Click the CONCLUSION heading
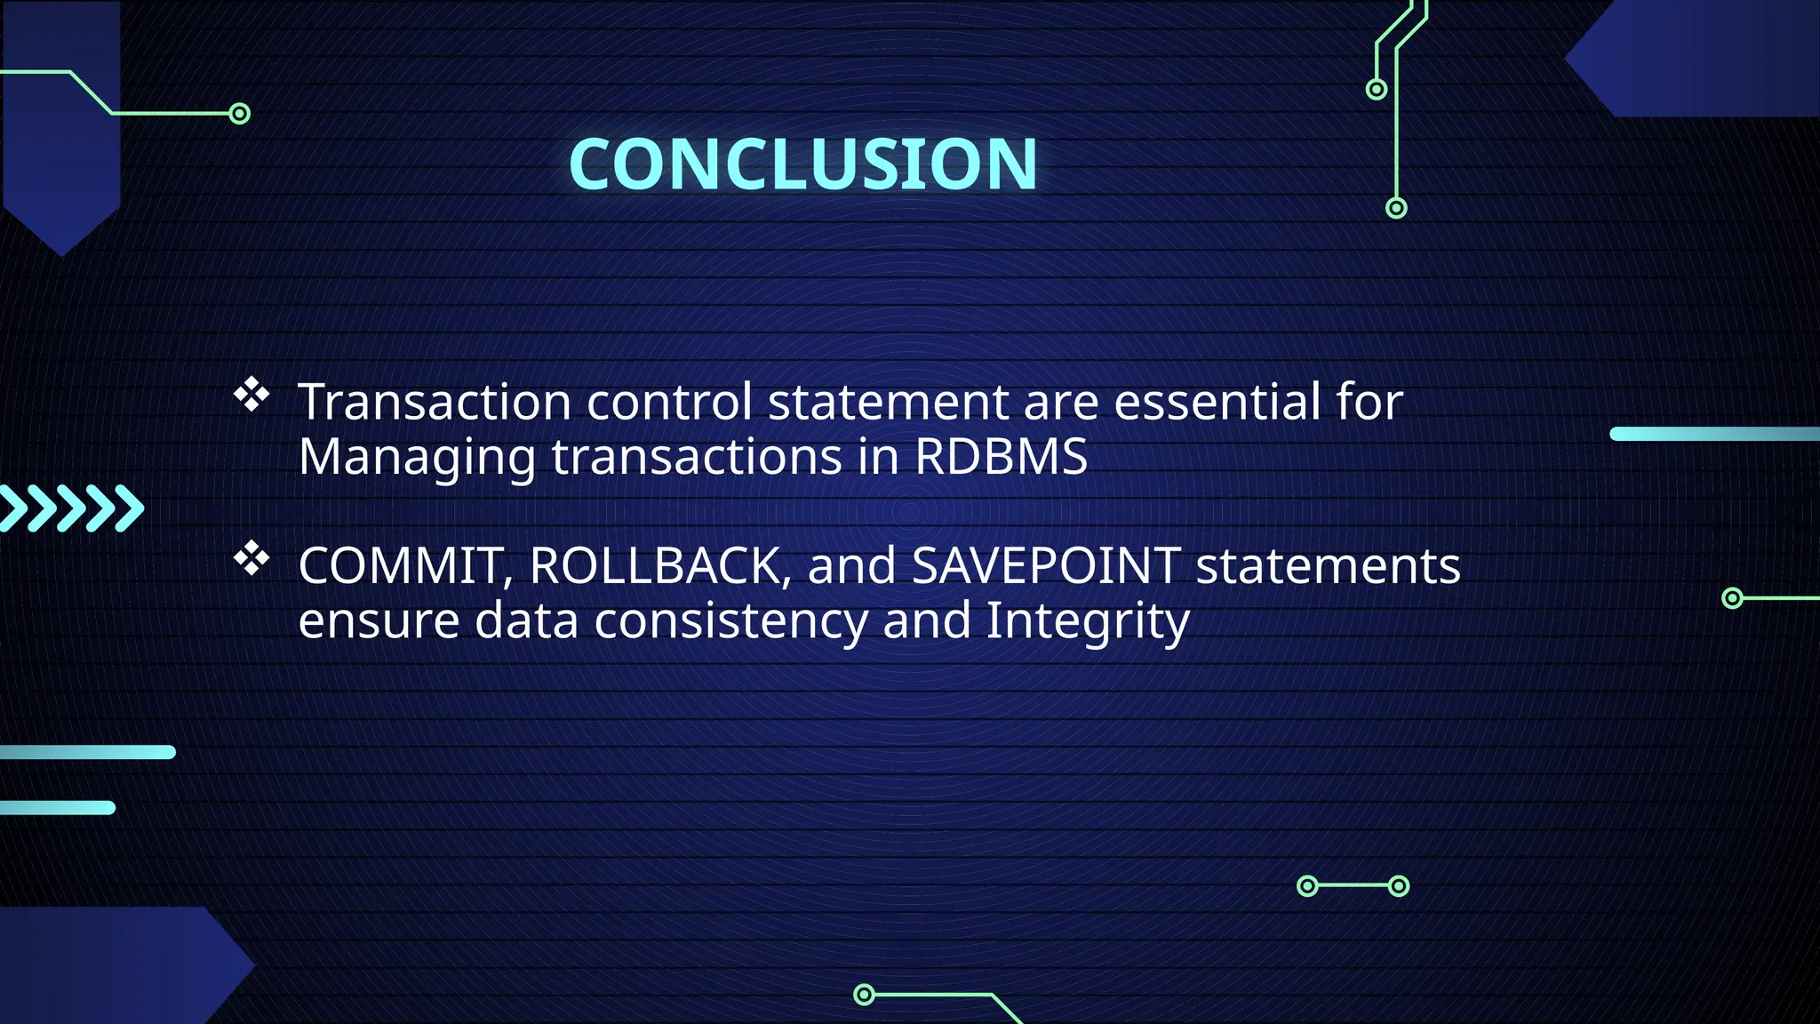point(802,164)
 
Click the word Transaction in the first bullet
point(434,402)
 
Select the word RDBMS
point(1001,457)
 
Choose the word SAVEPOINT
point(1046,566)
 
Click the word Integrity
point(1087,620)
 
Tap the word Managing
point(417,458)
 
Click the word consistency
point(730,620)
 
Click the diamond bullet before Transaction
point(251,395)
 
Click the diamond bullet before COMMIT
point(251,558)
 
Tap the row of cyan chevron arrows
point(71,508)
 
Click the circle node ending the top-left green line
point(239,114)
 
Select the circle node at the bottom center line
point(864,994)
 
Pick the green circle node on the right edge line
point(1732,598)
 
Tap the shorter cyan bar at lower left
point(58,807)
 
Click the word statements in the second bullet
point(1328,566)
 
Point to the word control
point(669,402)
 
